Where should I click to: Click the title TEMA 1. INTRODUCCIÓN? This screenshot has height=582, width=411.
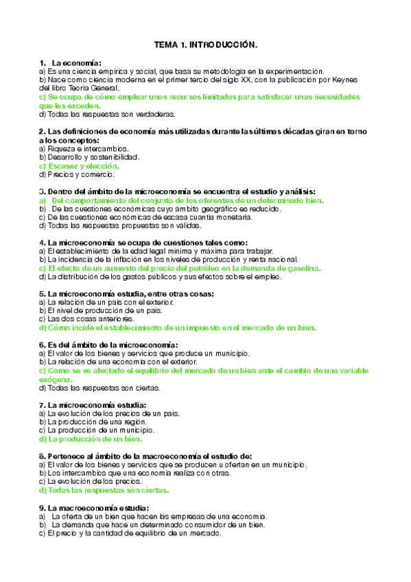(205, 45)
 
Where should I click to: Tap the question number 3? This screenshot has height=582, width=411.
(42, 191)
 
